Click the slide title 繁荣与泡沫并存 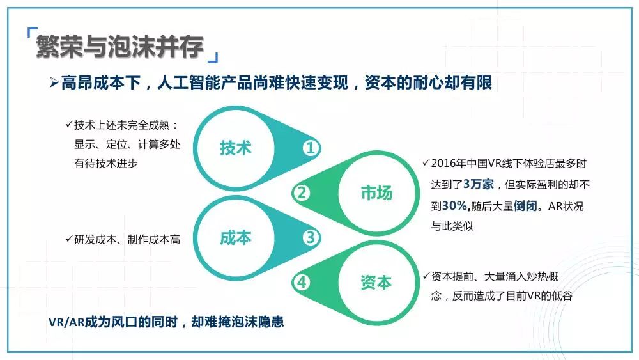pyautogui.click(x=119, y=46)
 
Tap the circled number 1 pyautogui.click(x=311, y=148)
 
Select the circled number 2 pyautogui.click(x=302, y=192)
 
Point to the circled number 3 pyautogui.click(x=311, y=237)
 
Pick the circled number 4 pyautogui.click(x=302, y=282)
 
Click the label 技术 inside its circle pyautogui.click(x=236, y=148)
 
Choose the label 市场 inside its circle pyautogui.click(x=376, y=192)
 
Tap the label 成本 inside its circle pyautogui.click(x=236, y=237)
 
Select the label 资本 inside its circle pyautogui.click(x=376, y=282)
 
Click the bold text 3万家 pyautogui.click(x=479, y=184)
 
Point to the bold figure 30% pyautogui.click(x=454, y=205)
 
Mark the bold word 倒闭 pyautogui.click(x=525, y=205)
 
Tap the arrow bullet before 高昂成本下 pyautogui.click(x=54, y=82)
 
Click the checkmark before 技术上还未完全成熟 pyautogui.click(x=69, y=124)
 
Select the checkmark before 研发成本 pyautogui.click(x=69, y=239)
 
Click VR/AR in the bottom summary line pyautogui.click(x=66, y=322)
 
